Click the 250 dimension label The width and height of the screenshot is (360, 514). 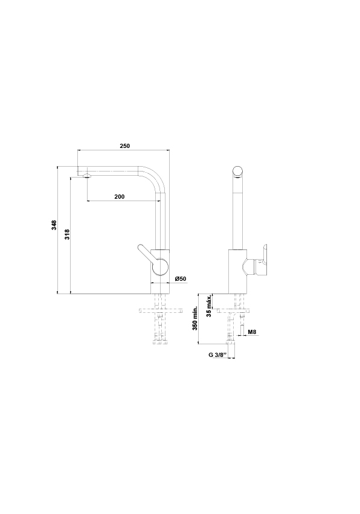tap(124, 146)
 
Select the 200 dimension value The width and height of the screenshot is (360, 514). tap(120, 197)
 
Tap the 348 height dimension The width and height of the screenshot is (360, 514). tap(54, 225)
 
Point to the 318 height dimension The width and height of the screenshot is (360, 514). tap(67, 234)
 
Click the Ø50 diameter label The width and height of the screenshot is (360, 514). tap(181, 279)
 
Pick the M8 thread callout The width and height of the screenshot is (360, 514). tap(252, 332)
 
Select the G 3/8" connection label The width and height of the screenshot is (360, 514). tap(217, 355)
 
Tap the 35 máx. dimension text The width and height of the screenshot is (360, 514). tap(209, 306)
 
